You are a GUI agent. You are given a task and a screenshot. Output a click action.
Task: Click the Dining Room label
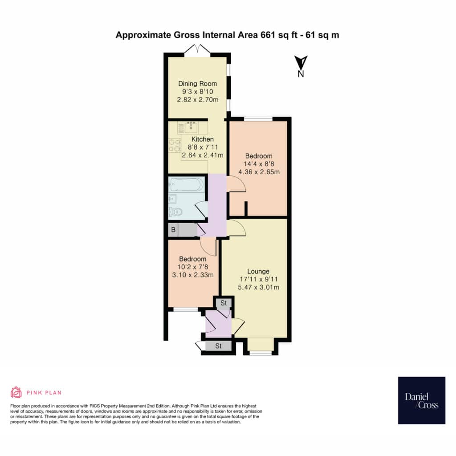[x=197, y=84]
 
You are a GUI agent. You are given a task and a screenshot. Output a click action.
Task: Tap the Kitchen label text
[x=203, y=139]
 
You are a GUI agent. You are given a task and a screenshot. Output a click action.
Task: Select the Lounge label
[x=258, y=271]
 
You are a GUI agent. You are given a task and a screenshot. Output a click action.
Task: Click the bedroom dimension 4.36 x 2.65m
[x=259, y=172]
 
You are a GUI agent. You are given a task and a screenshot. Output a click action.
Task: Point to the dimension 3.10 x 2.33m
[x=193, y=275]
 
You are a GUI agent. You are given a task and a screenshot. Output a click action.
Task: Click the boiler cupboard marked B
[x=173, y=230]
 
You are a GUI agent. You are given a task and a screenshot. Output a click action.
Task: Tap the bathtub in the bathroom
[x=187, y=184]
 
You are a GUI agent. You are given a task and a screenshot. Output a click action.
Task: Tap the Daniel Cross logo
[x=421, y=400]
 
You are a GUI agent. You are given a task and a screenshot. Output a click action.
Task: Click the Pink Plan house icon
[x=16, y=392]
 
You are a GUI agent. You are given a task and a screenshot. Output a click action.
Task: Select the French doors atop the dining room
[x=197, y=49]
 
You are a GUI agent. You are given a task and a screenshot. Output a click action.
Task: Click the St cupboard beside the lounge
[x=224, y=303]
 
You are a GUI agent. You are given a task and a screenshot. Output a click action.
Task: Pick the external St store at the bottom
[x=218, y=346]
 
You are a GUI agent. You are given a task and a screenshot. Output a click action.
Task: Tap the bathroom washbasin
[x=172, y=199]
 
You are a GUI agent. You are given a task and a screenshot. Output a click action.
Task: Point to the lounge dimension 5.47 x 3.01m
[x=259, y=287]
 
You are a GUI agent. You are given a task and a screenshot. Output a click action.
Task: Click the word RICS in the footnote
[x=95, y=406]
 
